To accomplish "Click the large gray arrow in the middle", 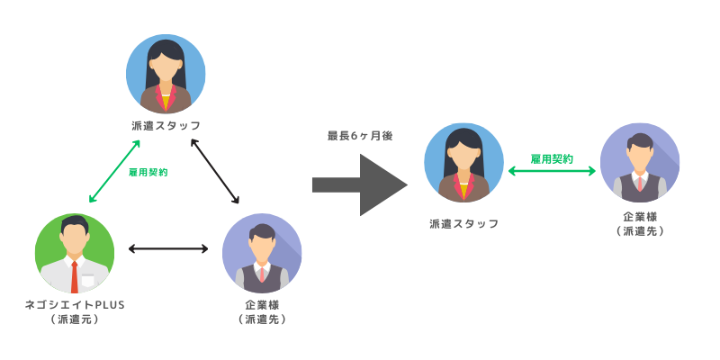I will pyautogui.click(x=360, y=184).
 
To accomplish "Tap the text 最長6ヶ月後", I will pyautogui.click(x=359, y=136).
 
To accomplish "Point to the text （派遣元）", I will pyautogui.click(x=74, y=319).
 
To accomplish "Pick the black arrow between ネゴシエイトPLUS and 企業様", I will pyautogui.click(x=168, y=248).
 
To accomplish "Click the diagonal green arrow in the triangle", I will pyautogui.click(x=114, y=171).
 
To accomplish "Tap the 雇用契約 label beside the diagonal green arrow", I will pyautogui.click(x=149, y=171).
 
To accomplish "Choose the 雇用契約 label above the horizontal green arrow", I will pyautogui.click(x=552, y=158).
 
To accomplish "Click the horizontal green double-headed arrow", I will pyautogui.click(x=552, y=170).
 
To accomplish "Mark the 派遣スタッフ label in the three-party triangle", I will pyautogui.click(x=166, y=125).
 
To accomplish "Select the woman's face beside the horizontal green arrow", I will pyautogui.click(x=463, y=157).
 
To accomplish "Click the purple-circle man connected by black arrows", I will pyautogui.click(x=262, y=253).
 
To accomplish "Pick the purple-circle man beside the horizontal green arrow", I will pyautogui.click(x=640, y=163).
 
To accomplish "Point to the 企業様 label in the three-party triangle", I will pyautogui.click(x=262, y=304).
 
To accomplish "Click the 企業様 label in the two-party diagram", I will pyautogui.click(x=640, y=217).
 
